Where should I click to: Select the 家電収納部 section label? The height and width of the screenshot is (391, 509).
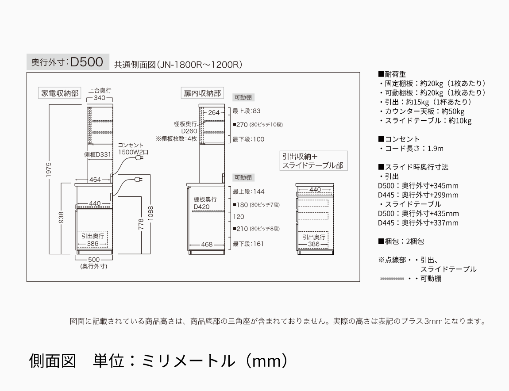(x=60, y=93)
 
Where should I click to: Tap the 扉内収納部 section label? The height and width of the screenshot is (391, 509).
(x=202, y=93)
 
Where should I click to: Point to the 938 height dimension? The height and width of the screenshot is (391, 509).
(x=62, y=218)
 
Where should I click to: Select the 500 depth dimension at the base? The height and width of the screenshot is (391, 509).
(x=94, y=259)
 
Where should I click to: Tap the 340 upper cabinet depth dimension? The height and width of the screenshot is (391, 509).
(x=100, y=98)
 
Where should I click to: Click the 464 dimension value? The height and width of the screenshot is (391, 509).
(x=95, y=180)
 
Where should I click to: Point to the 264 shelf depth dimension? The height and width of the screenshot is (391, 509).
(x=214, y=113)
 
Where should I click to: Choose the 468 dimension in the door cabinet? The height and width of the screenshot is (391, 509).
(x=207, y=244)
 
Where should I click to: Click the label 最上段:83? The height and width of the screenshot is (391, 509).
(x=247, y=111)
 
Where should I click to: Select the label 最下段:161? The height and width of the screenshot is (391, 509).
(x=248, y=244)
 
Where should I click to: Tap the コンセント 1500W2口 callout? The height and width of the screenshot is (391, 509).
(x=131, y=149)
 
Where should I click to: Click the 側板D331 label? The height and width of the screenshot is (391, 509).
(x=97, y=154)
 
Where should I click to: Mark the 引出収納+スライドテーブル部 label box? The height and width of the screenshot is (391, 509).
(x=312, y=161)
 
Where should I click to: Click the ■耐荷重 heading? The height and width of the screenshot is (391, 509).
(x=392, y=74)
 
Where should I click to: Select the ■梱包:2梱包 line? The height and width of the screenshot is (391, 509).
(x=401, y=241)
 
